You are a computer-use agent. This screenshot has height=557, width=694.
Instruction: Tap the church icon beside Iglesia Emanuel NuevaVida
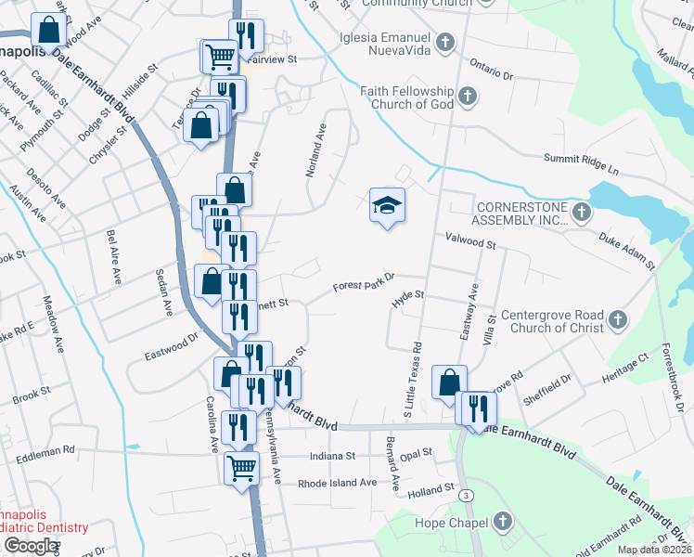click(446, 42)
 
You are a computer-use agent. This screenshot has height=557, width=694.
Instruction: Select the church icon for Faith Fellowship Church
click(467, 95)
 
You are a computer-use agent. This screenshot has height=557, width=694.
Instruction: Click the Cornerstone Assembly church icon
click(580, 214)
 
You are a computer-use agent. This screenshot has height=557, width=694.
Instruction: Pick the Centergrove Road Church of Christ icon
click(618, 321)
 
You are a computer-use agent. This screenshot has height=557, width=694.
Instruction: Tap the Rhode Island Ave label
click(338, 483)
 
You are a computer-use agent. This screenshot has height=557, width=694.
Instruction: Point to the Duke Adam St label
click(626, 252)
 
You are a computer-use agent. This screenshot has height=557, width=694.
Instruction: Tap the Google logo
click(31, 546)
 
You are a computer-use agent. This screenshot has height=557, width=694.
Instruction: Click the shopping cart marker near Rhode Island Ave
click(241, 467)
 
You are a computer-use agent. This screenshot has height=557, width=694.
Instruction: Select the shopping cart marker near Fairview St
click(219, 56)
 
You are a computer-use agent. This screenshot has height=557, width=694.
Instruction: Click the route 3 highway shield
click(462, 498)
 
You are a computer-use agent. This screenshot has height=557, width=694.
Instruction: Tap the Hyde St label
click(407, 296)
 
